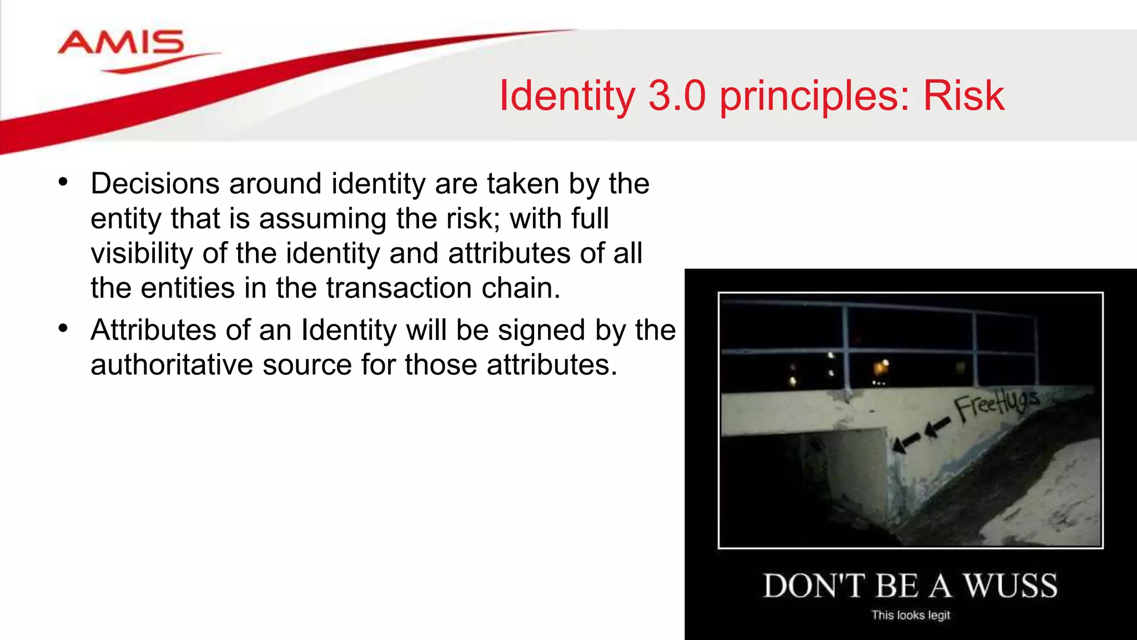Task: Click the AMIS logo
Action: [x=121, y=44]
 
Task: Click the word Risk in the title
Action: [x=963, y=96]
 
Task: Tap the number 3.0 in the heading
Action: [x=677, y=96]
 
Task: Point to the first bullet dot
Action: [x=63, y=182]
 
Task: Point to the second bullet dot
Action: [x=63, y=328]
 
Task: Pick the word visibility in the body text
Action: [x=142, y=253]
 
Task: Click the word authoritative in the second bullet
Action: [x=172, y=365]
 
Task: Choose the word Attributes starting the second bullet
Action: [x=153, y=330]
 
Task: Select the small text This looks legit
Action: [x=910, y=615]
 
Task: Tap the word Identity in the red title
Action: [x=567, y=96]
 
